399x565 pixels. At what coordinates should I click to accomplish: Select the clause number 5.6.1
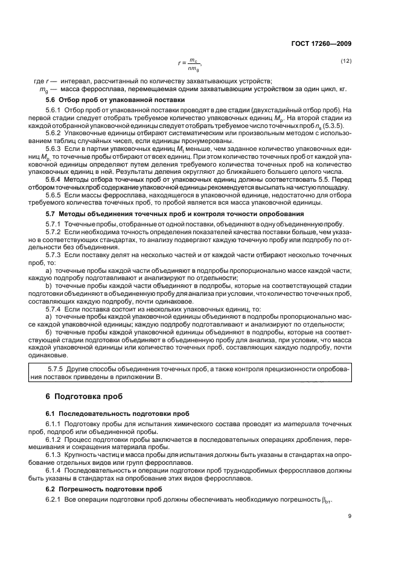point(55,109)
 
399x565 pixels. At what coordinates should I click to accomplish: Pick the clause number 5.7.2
point(55,232)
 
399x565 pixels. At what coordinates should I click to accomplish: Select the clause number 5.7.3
point(55,256)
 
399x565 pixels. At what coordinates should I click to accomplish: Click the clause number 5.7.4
point(55,308)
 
